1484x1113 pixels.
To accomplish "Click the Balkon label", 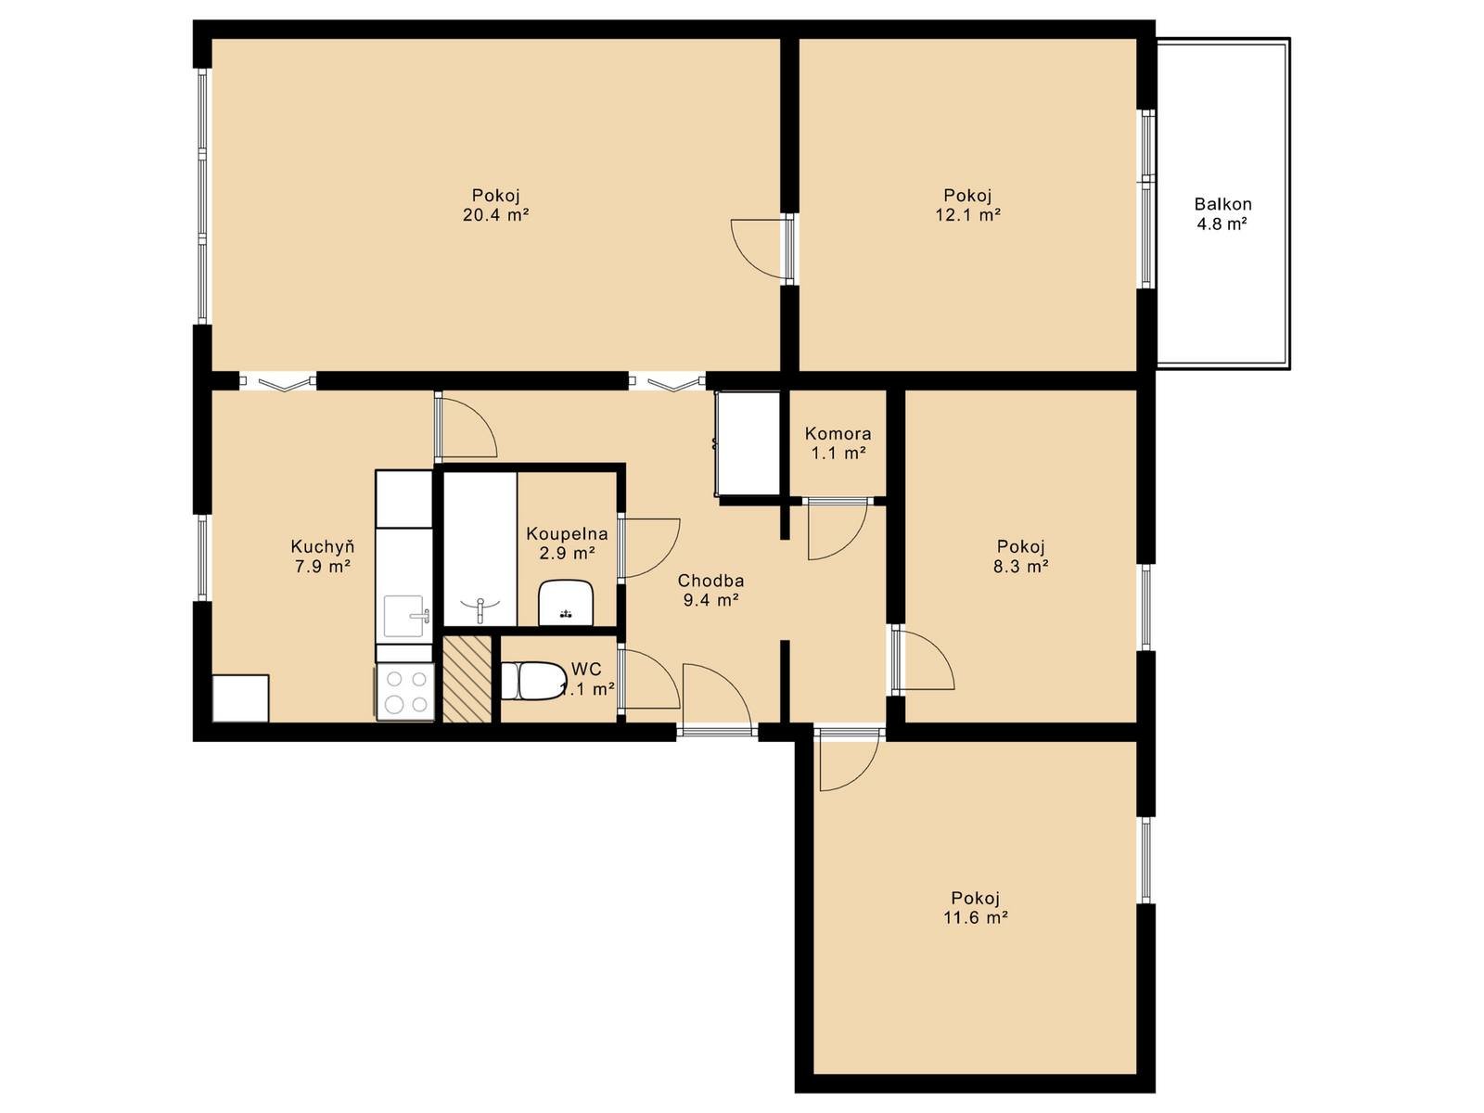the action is (x=1222, y=203).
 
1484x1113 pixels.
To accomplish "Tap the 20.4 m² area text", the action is (x=495, y=215).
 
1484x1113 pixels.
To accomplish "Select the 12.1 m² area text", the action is (x=967, y=215).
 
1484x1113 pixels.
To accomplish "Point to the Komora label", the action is (x=838, y=433).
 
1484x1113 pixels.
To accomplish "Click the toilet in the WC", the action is (x=533, y=681).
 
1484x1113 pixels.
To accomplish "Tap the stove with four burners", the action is (x=405, y=692).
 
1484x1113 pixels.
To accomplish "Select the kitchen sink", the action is (x=405, y=616).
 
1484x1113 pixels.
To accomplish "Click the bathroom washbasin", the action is (x=567, y=602).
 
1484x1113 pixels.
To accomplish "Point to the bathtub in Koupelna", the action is (x=480, y=549).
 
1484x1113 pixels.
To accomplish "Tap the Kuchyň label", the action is (x=323, y=546).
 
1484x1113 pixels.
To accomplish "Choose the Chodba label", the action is (x=710, y=581).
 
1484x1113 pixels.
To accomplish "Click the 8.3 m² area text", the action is (x=1020, y=567).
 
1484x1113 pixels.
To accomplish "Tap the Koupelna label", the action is (x=567, y=534).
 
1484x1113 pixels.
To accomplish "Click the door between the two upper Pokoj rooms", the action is (x=762, y=248).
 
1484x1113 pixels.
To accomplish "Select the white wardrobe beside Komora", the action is (x=748, y=443).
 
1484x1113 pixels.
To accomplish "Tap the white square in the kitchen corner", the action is (x=240, y=698).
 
